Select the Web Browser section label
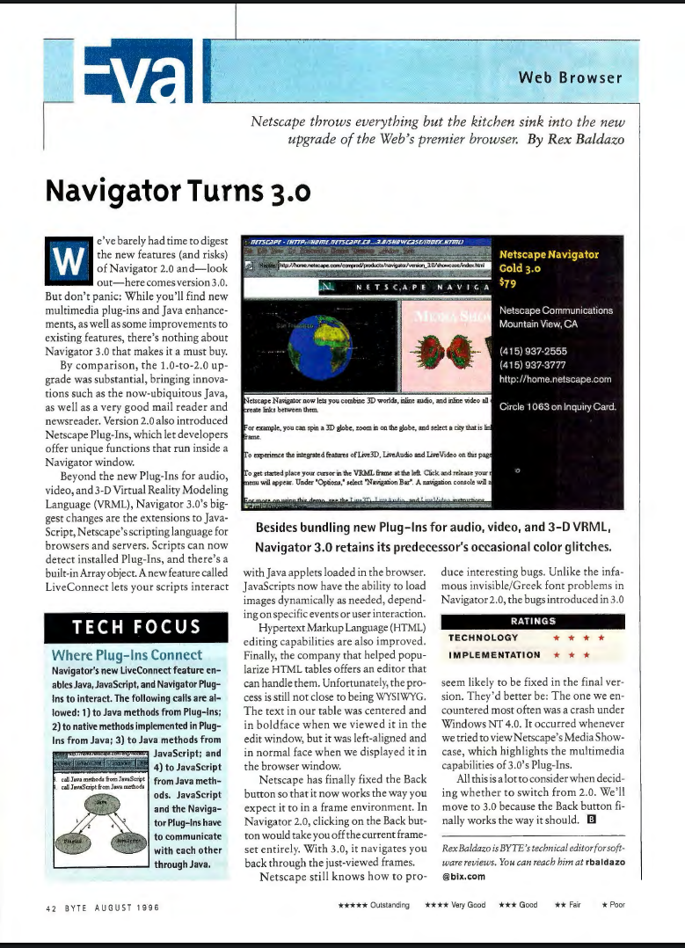coord(570,77)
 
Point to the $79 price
coord(508,282)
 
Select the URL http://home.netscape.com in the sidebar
coord(554,379)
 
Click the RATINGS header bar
coord(532,621)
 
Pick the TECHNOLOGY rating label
coord(483,638)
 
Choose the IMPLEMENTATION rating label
coord(494,654)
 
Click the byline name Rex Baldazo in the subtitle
coord(586,139)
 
